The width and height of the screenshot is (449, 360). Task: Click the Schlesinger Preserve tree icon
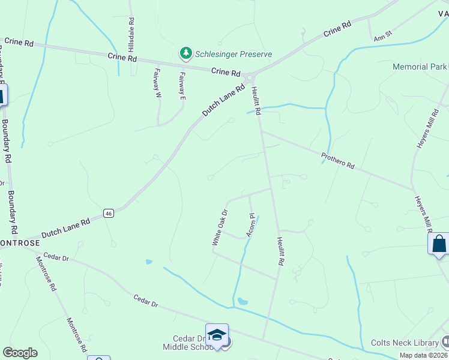(x=186, y=54)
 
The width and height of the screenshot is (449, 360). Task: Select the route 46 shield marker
(x=108, y=213)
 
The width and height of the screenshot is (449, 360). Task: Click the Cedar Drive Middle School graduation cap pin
(x=217, y=335)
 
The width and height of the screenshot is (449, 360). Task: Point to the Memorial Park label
(x=420, y=67)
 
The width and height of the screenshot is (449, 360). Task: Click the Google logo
(x=20, y=353)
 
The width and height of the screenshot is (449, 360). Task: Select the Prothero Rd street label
(x=338, y=161)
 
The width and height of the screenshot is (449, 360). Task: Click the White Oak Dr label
(x=220, y=227)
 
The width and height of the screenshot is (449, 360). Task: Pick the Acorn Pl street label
(x=250, y=223)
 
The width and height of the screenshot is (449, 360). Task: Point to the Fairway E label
(x=182, y=85)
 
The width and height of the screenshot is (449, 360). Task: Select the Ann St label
(x=382, y=35)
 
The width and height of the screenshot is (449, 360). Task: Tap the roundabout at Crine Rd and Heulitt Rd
(x=250, y=77)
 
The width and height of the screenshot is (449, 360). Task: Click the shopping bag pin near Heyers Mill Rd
(x=439, y=244)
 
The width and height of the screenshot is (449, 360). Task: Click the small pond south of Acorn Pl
(x=242, y=301)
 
